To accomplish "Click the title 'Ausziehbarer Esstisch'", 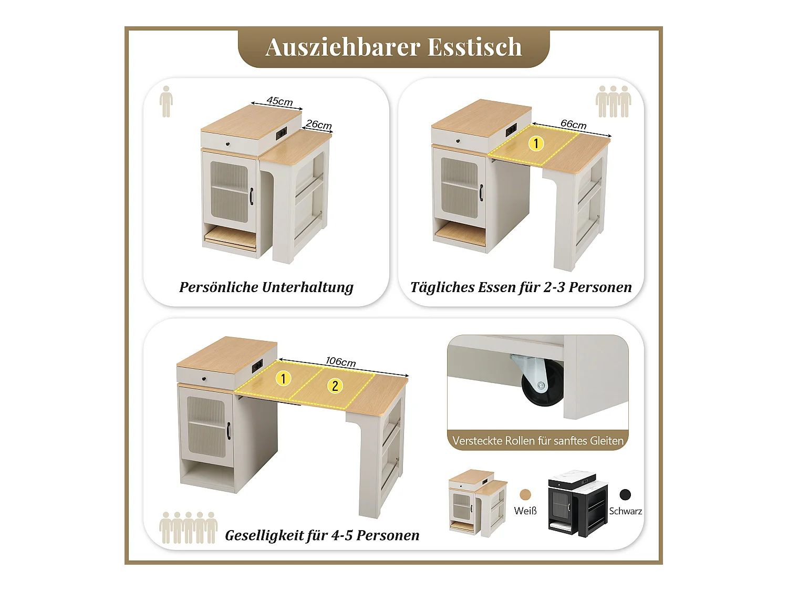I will [393, 47].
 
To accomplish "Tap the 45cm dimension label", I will [279, 101].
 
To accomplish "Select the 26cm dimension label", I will [319, 125].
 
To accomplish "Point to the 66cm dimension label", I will [573, 125].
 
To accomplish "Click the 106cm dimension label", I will [340, 361].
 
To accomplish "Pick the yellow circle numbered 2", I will [335, 386].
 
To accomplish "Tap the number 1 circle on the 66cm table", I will [536, 143].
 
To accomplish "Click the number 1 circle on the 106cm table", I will [284, 378].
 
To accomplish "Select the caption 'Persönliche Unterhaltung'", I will [266, 287].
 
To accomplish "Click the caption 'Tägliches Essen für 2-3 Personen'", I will [521, 287].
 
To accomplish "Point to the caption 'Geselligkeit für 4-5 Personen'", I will [322, 535].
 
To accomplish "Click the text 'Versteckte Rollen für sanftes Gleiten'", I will [538, 441].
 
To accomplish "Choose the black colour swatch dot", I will [625, 494].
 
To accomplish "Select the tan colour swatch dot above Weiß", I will [525, 494].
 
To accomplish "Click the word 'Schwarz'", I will [625, 511].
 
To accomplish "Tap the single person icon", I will [166, 101].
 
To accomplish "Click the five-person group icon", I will [188, 527].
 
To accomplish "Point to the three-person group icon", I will [613, 101].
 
